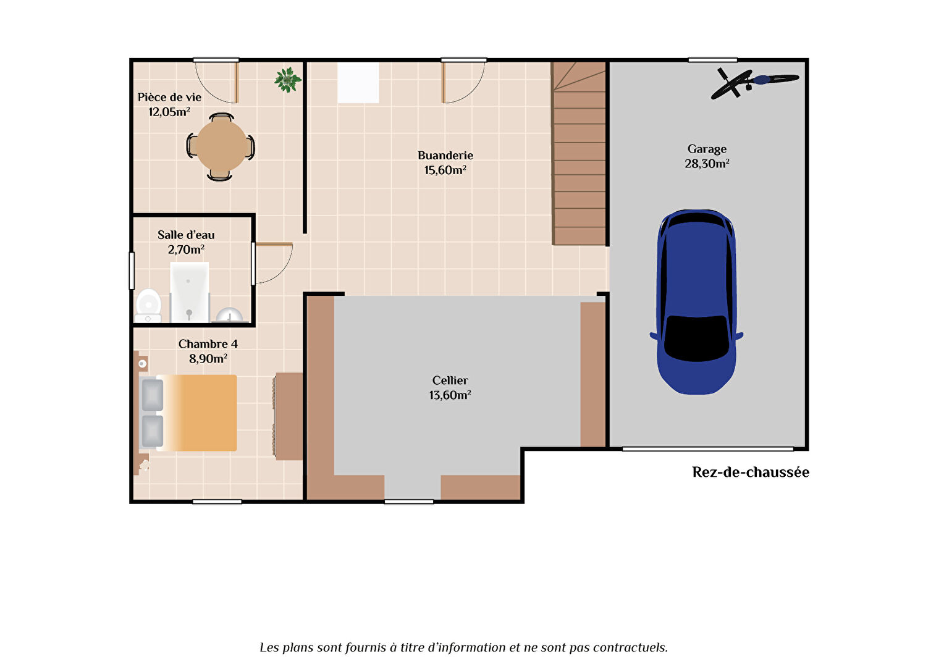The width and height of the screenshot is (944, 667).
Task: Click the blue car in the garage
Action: tap(696, 302)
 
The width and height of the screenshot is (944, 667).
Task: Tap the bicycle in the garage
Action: tap(754, 83)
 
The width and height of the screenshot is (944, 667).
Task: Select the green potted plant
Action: tap(288, 80)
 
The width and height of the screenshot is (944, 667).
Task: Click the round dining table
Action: tap(221, 146)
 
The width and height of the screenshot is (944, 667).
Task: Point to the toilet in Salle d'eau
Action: tap(148, 306)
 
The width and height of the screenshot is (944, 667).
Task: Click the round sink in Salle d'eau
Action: tap(230, 316)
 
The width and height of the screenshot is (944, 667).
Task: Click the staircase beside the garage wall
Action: tap(579, 153)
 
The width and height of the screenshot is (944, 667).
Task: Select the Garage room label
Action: tap(707, 149)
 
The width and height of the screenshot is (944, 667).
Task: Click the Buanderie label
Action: tap(445, 156)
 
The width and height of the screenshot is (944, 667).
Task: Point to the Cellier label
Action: tap(450, 380)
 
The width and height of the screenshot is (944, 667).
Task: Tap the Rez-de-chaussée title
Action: tap(751, 472)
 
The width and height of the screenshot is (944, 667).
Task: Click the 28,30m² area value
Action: tap(707, 164)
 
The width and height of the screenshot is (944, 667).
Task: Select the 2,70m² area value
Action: tap(187, 250)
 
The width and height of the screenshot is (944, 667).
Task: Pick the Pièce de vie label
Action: tap(169, 98)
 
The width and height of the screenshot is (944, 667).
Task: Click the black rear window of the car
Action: tap(697, 338)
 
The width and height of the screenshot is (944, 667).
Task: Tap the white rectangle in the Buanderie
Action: tap(358, 83)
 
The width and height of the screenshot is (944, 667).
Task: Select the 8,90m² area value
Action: tap(208, 359)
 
